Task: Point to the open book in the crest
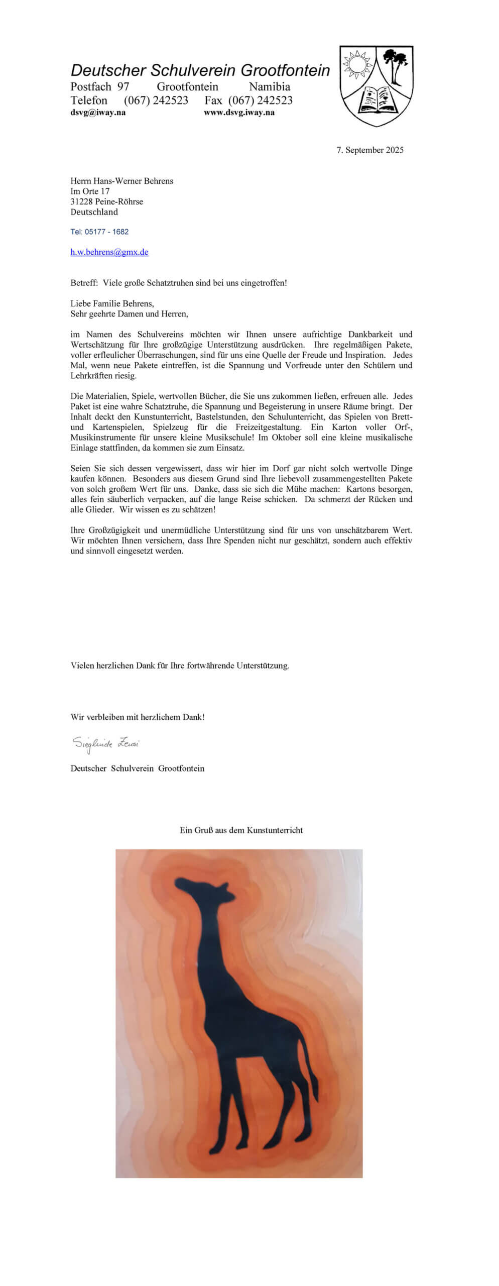pyautogui.click(x=377, y=99)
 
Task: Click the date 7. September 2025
pyautogui.click(x=370, y=150)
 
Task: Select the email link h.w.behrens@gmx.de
pyautogui.click(x=109, y=252)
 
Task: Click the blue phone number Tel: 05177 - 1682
pyautogui.click(x=99, y=232)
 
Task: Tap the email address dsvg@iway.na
pyautogui.click(x=98, y=113)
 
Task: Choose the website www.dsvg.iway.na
pyautogui.click(x=239, y=113)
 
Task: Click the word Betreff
pyautogui.click(x=83, y=283)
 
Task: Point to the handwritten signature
pyautogui.click(x=105, y=743)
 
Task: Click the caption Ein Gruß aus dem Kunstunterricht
pyautogui.click(x=241, y=830)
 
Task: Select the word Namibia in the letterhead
pyautogui.click(x=270, y=86)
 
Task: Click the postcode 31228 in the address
pyautogui.click(x=80, y=201)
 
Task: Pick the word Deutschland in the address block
pyautogui.click(x=94, y=212)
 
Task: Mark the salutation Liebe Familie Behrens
pyautogui.click(x=112, y=303)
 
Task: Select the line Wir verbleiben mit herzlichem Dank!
pyautogui.click(x=138, y=717)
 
